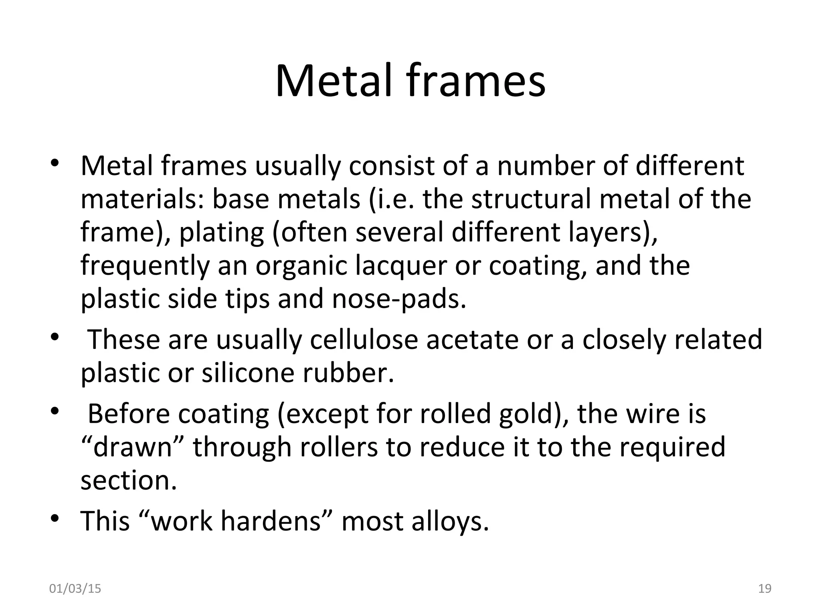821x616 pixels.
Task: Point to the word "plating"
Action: pyautogui.click(x=222, y=233)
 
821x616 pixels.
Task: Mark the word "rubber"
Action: pyautogui.click(x=348, y=373)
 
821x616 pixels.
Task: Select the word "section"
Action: pyautogui.click(x=128, y=480)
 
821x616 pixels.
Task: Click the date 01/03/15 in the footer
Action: pyautogui.click(x=75, y=589)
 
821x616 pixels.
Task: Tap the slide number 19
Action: pyautogui.click(x=765, y=589)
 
